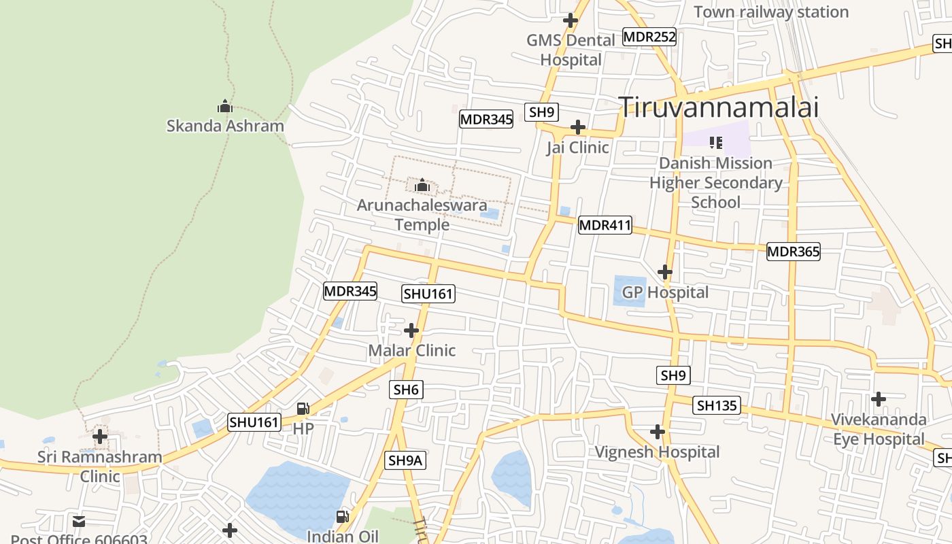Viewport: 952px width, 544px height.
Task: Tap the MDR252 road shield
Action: click(649, 37)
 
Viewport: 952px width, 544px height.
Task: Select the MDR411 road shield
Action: click(605, 225)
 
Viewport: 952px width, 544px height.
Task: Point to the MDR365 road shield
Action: click(793, 252)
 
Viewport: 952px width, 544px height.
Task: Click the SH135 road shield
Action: click(717, 406)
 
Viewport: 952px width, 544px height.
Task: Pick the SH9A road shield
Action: click(405, 460)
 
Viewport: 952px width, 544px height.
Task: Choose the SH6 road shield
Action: click(406, 390)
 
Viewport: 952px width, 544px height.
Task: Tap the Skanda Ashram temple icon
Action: click(225, 107)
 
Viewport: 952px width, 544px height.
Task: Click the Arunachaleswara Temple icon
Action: click(422, 185)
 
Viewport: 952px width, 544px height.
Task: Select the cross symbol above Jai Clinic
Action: click(577, 127)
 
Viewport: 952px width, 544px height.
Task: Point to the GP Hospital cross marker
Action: click(664, 273)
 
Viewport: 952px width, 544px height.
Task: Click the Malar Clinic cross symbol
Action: click(411, 331)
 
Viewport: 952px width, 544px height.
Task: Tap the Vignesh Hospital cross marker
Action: click(657, 432)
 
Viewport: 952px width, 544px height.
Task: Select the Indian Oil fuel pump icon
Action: click(343, 517)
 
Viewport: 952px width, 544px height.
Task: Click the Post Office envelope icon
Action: click(79, 522)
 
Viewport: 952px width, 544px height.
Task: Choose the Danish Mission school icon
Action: click(715, 143)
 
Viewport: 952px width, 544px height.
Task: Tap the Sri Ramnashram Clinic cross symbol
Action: click(100, 436)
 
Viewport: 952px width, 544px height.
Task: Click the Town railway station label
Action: click(771, 12)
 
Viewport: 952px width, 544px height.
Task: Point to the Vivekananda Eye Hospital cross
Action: click(879, 398)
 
